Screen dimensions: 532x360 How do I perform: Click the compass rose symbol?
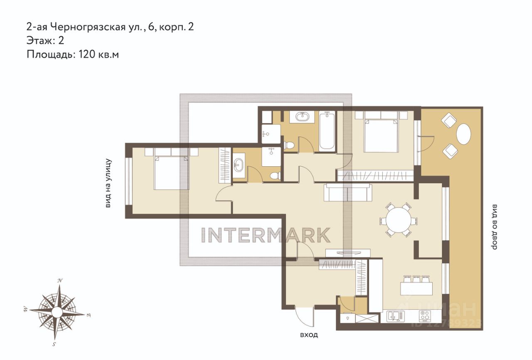pos(57,311)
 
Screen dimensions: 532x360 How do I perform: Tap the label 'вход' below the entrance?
pos(309,335)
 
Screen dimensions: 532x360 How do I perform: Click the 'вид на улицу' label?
pos(108,183)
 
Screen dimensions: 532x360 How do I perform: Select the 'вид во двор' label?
pos(494,227)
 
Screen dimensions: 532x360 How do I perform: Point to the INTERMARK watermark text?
pos(266,235)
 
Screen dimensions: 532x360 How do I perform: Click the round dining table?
pos(398,219)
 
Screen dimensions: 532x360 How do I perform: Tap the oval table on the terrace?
pos(463,134)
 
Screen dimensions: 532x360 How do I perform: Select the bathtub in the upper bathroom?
pos(327,131)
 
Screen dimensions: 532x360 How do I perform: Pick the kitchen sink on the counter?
pos(396,316)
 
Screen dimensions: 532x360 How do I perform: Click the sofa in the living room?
pos(348,192)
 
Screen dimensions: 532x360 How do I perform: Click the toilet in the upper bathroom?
pos(289,144)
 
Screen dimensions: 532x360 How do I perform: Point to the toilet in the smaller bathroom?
pos(276,176)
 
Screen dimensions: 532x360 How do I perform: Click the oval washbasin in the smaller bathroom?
pos(239,165)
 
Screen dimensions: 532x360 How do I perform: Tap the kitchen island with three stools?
pos(416,286)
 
